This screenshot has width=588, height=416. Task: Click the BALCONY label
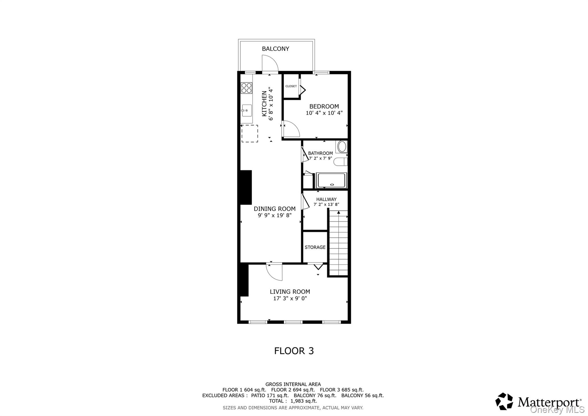point(275,49)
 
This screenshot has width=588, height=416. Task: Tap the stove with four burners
point(246,88)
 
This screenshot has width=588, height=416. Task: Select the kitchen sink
point(247,111)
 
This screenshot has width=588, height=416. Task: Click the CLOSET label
point(291,86)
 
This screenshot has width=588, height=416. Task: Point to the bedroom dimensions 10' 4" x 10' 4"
point(324,113)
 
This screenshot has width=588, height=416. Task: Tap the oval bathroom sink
point(342,147)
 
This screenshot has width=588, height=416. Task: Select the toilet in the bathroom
point(341,162)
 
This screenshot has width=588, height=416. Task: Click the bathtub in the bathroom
point(331,180)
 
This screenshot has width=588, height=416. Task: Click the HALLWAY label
point(326,199)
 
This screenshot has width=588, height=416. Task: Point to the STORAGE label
point(315,247)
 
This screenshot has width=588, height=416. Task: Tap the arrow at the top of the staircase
point(339,213)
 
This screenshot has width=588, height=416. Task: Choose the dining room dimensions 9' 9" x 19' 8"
point(274,215)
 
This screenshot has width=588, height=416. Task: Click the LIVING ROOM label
point(290,292)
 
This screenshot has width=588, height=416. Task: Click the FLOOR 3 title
point(294,351)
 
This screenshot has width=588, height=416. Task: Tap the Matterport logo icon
point(504,401)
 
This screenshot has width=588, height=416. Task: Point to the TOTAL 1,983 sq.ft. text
point(293,401)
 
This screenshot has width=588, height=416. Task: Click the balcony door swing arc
point(270,63)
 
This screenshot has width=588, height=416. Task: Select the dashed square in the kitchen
point(249,133)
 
